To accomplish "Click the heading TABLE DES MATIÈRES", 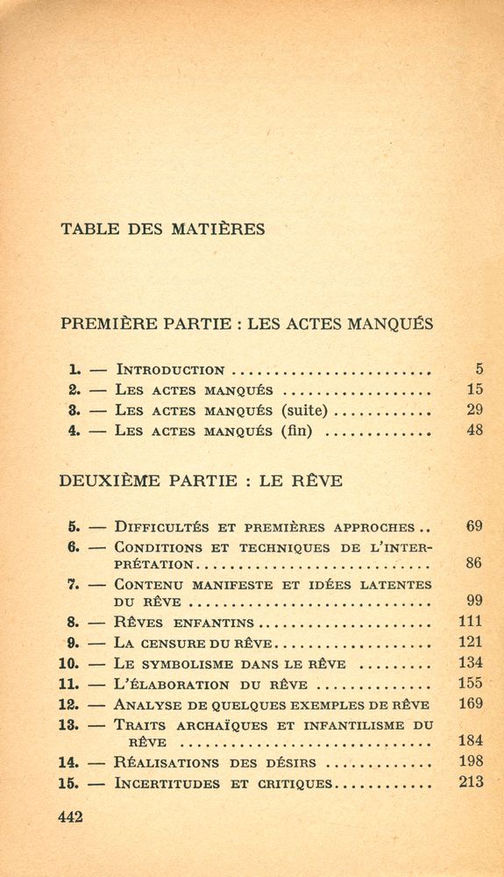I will (162, 230).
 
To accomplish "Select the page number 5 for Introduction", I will (479, 369).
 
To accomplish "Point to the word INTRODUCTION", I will (170, 370).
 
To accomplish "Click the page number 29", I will (475, 410).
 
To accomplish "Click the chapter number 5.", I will (74, 527).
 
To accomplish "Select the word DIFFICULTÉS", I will (162, 528).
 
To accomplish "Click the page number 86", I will (474, 563).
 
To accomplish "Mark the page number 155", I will (471, 683).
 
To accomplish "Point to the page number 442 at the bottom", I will (70, 817).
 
